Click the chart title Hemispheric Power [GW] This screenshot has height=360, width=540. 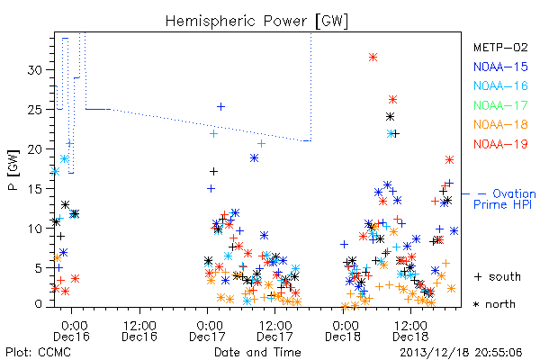tap(256, 22)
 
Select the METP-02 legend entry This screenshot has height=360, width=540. tap(500, 47)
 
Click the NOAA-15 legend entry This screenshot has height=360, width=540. tap(500, 67)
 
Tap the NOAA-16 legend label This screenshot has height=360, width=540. tap(500, 85)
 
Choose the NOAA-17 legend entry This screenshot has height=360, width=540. tap(500, 105)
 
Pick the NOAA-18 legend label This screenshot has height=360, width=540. tap(500, 124)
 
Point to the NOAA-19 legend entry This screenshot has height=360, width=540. tap(500, 144)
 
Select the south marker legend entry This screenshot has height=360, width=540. tap(498, 276)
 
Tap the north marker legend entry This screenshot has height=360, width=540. tap(494, 304)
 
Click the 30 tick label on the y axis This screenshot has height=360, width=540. tap(35, 70)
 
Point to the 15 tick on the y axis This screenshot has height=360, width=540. tap(35, 189)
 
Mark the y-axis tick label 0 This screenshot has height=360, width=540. tap(38, 304)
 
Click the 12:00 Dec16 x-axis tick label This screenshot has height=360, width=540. tap(139, 331)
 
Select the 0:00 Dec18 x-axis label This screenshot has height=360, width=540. tap(343, 331)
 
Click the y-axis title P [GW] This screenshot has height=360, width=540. tap(13, 170)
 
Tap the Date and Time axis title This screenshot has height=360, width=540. tap(257, 352)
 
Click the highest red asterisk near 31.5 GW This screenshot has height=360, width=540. tap(373, 58)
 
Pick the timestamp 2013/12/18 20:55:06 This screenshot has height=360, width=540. tap(461, 353)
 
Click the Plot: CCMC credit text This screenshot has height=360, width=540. tap(38, 352)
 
